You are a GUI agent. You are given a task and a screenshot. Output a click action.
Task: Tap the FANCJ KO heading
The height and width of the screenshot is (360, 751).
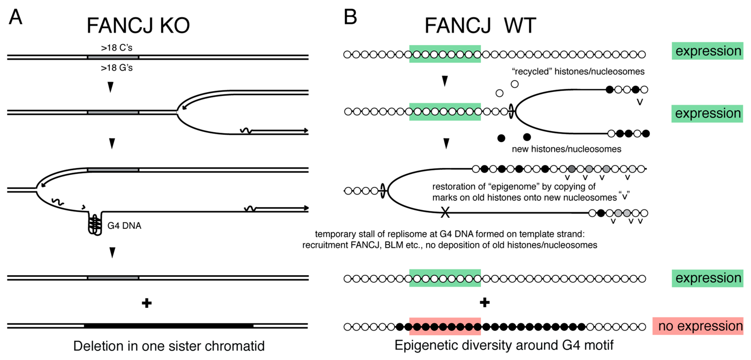pyautogui.click(x=138, y=26)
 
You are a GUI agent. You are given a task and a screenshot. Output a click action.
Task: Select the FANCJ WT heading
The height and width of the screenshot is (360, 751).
pyautogui.click(x=480, y=26)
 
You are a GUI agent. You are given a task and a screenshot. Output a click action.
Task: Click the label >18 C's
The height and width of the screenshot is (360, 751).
pyautogui.click(x=117, y=48)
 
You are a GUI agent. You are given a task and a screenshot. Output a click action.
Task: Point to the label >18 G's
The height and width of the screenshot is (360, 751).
pyautogui.click(x=117, y=68)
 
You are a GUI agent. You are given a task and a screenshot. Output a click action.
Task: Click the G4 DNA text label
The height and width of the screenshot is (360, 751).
pyautogui.click(x=124, y=225)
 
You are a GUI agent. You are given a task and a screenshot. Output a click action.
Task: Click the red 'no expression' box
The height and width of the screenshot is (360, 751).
pyautogui.click(x=698, y=326)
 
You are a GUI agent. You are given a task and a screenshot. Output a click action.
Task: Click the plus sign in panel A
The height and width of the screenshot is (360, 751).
pyautogui.click(x=147, y=303)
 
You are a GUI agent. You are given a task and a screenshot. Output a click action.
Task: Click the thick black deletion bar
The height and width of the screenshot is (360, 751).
pyautogui.click(x=168, y=326)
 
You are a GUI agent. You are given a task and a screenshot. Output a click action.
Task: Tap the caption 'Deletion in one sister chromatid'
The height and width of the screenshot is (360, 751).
pyautogui.click(x=169, y=346)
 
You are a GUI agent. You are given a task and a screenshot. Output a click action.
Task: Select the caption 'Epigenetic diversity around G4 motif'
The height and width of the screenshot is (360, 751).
pyautogui.click(x=504, y=345)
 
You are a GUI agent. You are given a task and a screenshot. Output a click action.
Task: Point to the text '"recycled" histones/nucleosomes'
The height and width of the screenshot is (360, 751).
pyautogui.click(x=578, y=71)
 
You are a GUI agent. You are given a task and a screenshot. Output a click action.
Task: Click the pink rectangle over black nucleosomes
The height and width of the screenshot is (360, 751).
pyautogui.click(x=445, y=326)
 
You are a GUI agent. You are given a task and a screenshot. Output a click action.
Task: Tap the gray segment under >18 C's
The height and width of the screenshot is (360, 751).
pyautogui.click(x=113, y=57)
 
